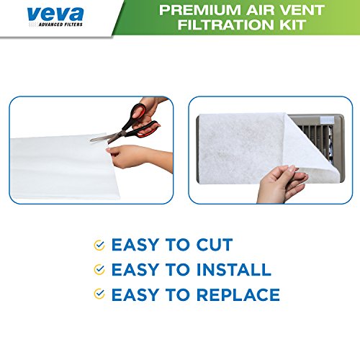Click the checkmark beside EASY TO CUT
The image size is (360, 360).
pos(98,246)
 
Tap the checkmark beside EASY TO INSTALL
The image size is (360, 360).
pos(98,271)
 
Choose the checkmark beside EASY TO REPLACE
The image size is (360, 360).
pos(98,295)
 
